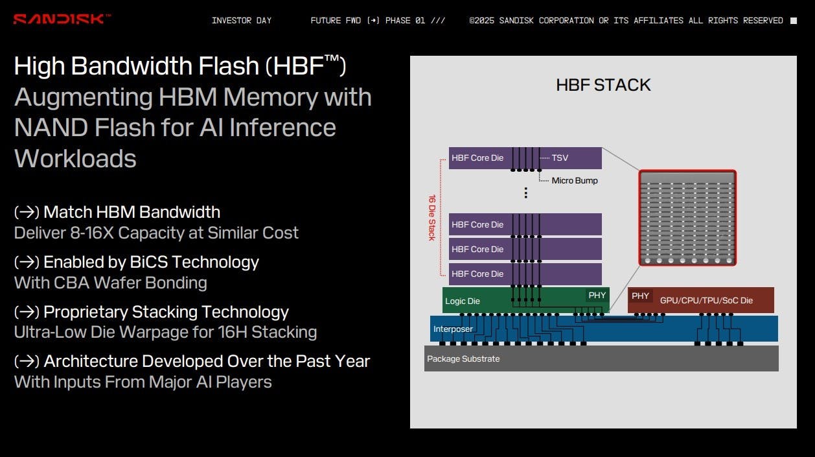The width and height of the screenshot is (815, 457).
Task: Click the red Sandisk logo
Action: click(62, 19)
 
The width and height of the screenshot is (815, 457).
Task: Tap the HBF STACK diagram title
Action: click(603, 85)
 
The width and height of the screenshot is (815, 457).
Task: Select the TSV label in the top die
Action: click(560, 158)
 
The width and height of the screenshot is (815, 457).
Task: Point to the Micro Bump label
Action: click(575, 181)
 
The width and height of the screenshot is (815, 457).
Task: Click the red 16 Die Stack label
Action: click(432, 217)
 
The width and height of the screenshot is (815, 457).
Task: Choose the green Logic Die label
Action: click(463, 301)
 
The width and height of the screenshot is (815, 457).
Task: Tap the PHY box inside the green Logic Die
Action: click(597, 296)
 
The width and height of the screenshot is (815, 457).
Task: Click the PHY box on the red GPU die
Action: click(640, 296)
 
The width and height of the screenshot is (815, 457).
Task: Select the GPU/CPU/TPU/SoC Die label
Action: click(706, 300)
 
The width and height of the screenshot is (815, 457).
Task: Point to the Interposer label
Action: click(453, 329)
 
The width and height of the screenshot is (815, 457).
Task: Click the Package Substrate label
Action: click(463, 358)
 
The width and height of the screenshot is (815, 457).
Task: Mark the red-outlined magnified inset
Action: click(687, 218)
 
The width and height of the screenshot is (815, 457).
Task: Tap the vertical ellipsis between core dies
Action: click(526, 193)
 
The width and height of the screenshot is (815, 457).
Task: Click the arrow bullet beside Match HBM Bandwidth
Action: click(27, 212)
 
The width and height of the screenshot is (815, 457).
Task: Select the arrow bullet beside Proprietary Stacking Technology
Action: click(27, 312)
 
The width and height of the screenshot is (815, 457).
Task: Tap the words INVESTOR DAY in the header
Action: click(242, 20)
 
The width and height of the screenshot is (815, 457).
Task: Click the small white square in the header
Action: click(794, 21)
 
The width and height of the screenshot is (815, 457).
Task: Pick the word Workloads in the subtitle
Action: click(75, 158)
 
